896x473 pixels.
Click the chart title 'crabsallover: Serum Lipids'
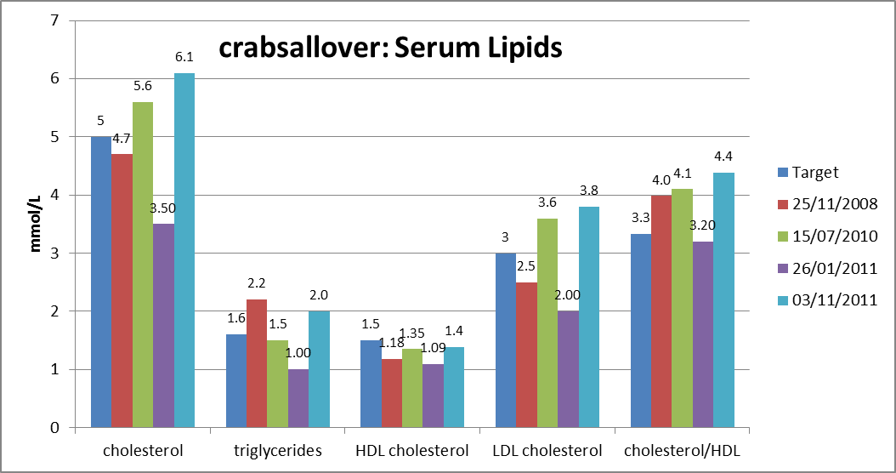(x=390, y=48)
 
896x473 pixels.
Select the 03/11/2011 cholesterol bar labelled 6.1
(x=184, y=250)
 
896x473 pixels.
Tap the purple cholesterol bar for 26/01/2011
(x=163, y=326)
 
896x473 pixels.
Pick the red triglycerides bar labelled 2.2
(x=257, y=363)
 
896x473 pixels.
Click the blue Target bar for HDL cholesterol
(x=371, y=384)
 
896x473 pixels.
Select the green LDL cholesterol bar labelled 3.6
(x=547, y=323)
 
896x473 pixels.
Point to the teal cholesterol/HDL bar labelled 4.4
(x=724, y=299)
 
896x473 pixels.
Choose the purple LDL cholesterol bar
(x=569, y=369)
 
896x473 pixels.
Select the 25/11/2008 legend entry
(x=827, y=204)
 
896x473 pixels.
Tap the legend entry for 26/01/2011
(x=827, y=268)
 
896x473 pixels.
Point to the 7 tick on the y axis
(x=54, y=20)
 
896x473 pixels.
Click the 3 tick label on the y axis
(x=54, y=254)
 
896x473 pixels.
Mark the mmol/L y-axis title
(x=36, y=224)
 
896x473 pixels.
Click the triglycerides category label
(x=278, y=451)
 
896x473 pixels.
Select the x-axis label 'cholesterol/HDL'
(x=682, y=451)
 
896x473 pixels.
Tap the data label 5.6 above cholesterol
(x=143, y=85)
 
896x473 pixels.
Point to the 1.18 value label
(x=392, y=343)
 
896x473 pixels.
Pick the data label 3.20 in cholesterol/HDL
(x=702, y=225)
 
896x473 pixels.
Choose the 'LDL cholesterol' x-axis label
(x=547, y=451)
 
